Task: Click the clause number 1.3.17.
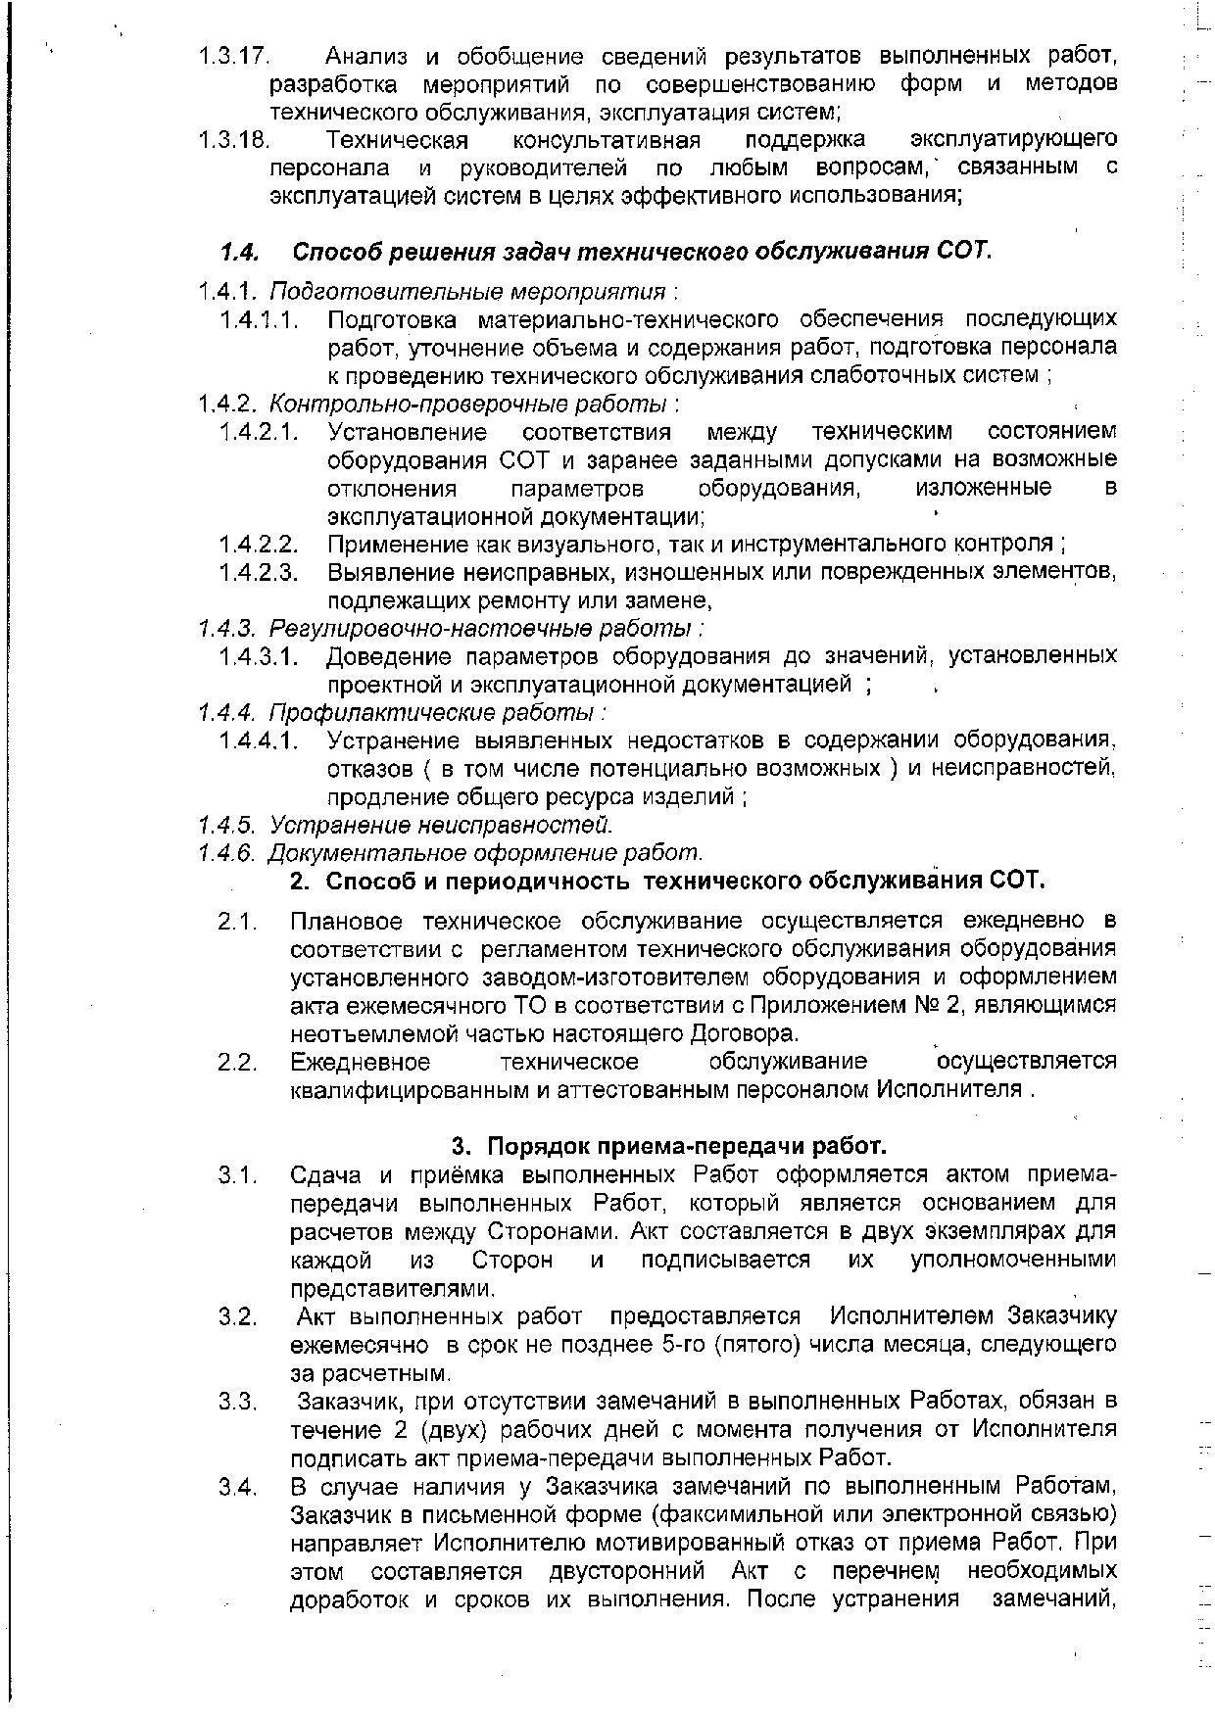[x=233, y=55]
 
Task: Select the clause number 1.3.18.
[x=233, y=139]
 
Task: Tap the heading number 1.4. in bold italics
[x=240, y=252]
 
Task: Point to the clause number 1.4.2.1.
[x=259, y=432]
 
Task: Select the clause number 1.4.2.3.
[x=259, y=572]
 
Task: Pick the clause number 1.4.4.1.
[x=259, y=740]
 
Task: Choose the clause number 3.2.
[x=238, y=1315]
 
